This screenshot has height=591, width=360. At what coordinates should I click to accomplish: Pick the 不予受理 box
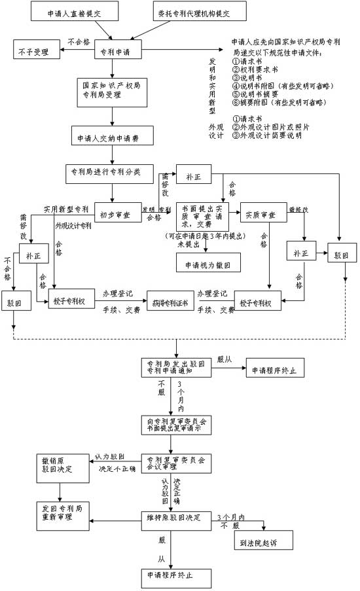(36, 50)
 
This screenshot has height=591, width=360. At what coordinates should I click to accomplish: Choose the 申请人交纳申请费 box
(113, 139)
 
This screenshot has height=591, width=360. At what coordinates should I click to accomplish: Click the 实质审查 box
(260, 215)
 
